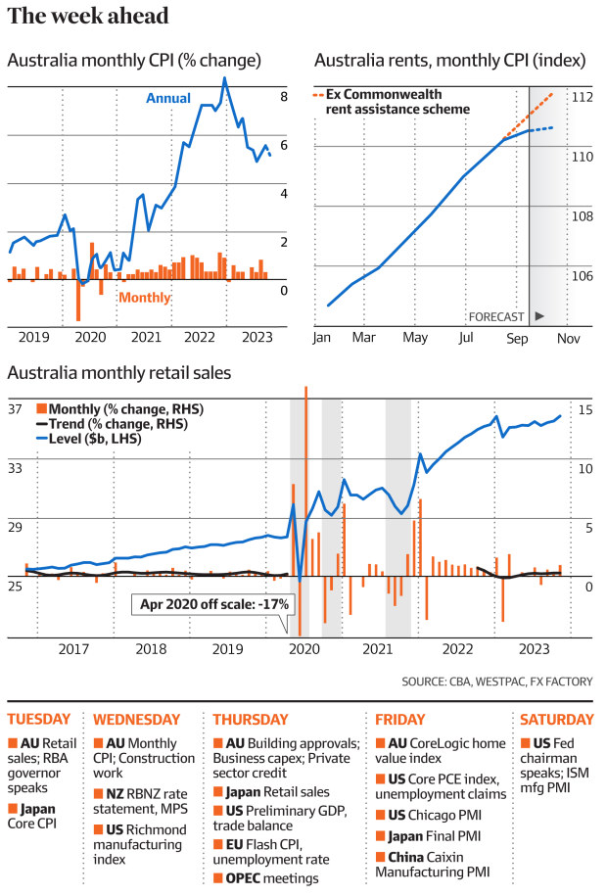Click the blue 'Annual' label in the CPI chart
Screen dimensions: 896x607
click(168, 99)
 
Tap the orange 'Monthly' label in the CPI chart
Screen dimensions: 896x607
click(145, 298)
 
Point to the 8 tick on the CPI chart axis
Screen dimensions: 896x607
click(283, 97)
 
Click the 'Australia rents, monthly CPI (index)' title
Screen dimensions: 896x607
click(450, 61)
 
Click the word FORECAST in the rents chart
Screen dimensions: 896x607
click(496, 317)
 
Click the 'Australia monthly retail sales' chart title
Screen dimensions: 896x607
click(119, 373)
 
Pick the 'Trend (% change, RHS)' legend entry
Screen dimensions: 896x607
click(117, 424)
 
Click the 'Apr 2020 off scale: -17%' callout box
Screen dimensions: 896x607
click(211, 604)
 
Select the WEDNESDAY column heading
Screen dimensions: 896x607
click(137, 719)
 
